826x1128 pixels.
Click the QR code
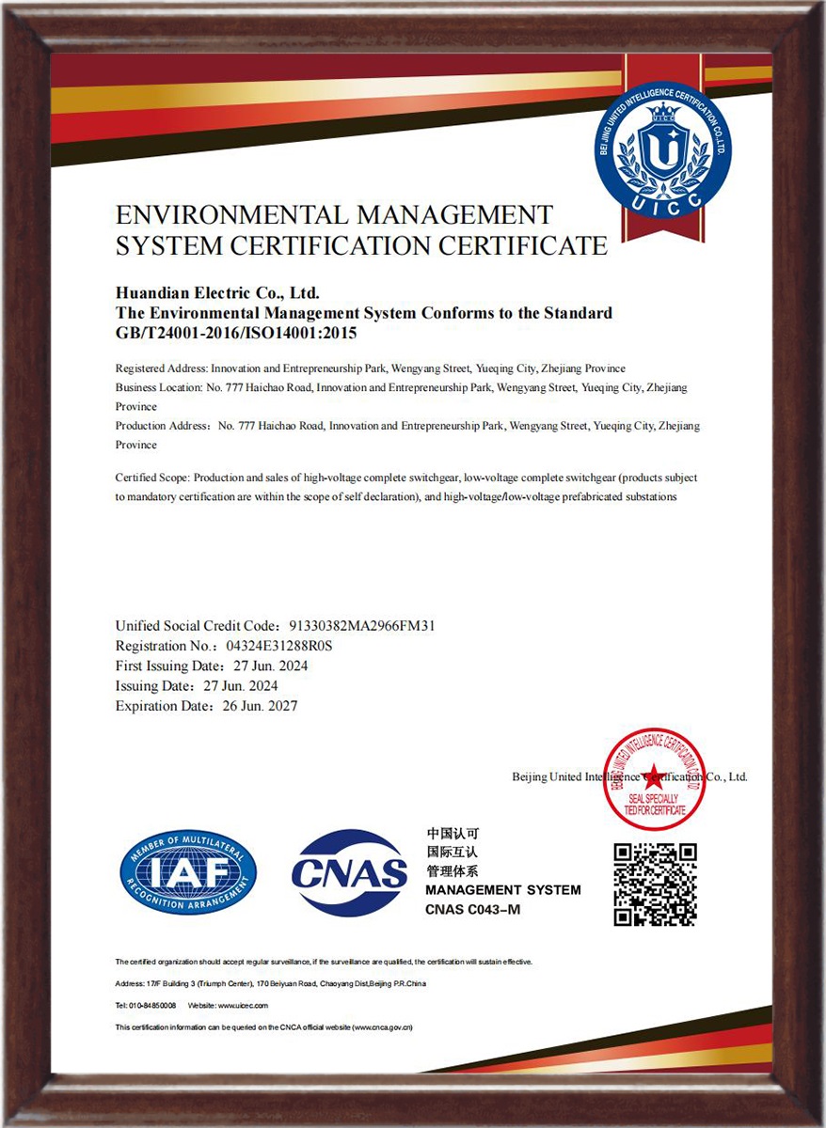click(x=655, y=885)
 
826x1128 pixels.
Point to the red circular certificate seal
click(x=655, y=778)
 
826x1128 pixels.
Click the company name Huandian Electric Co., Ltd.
click(x=218, y=294)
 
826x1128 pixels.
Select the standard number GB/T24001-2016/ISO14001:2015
click(x=236, y=332)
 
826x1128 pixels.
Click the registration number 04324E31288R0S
click(x=280, y=646)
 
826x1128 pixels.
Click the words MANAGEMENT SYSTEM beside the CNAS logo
click(x=502, y=889)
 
